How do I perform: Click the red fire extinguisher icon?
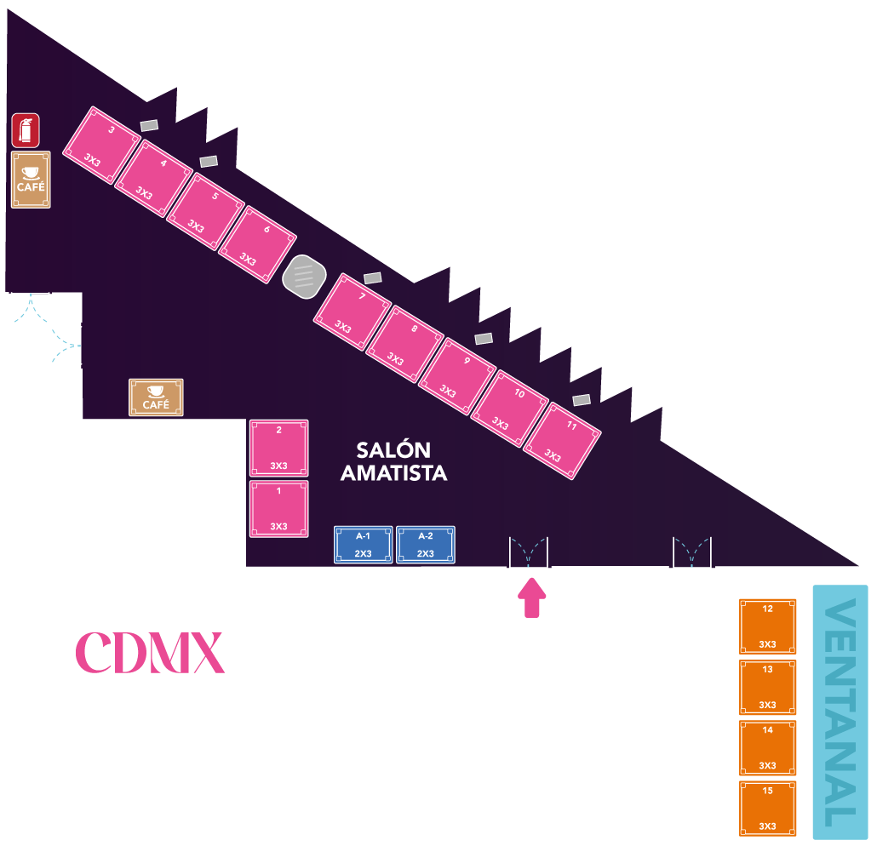click(26, 131)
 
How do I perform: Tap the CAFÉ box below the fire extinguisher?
click(31, 180)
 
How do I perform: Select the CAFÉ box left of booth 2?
click(156, 397)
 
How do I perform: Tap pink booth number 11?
click(562, 440)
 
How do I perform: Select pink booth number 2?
click(279, 448)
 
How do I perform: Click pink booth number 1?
click(279, 509)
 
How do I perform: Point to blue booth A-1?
click(364, 545)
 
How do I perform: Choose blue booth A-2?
click(426, 545)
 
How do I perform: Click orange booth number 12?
click(768, 626)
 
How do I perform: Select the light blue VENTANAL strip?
click(840, 712)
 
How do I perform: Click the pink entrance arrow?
click(533, 597)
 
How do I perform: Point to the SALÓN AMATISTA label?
click(393, 461)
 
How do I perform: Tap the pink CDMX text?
click(150, 653)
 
